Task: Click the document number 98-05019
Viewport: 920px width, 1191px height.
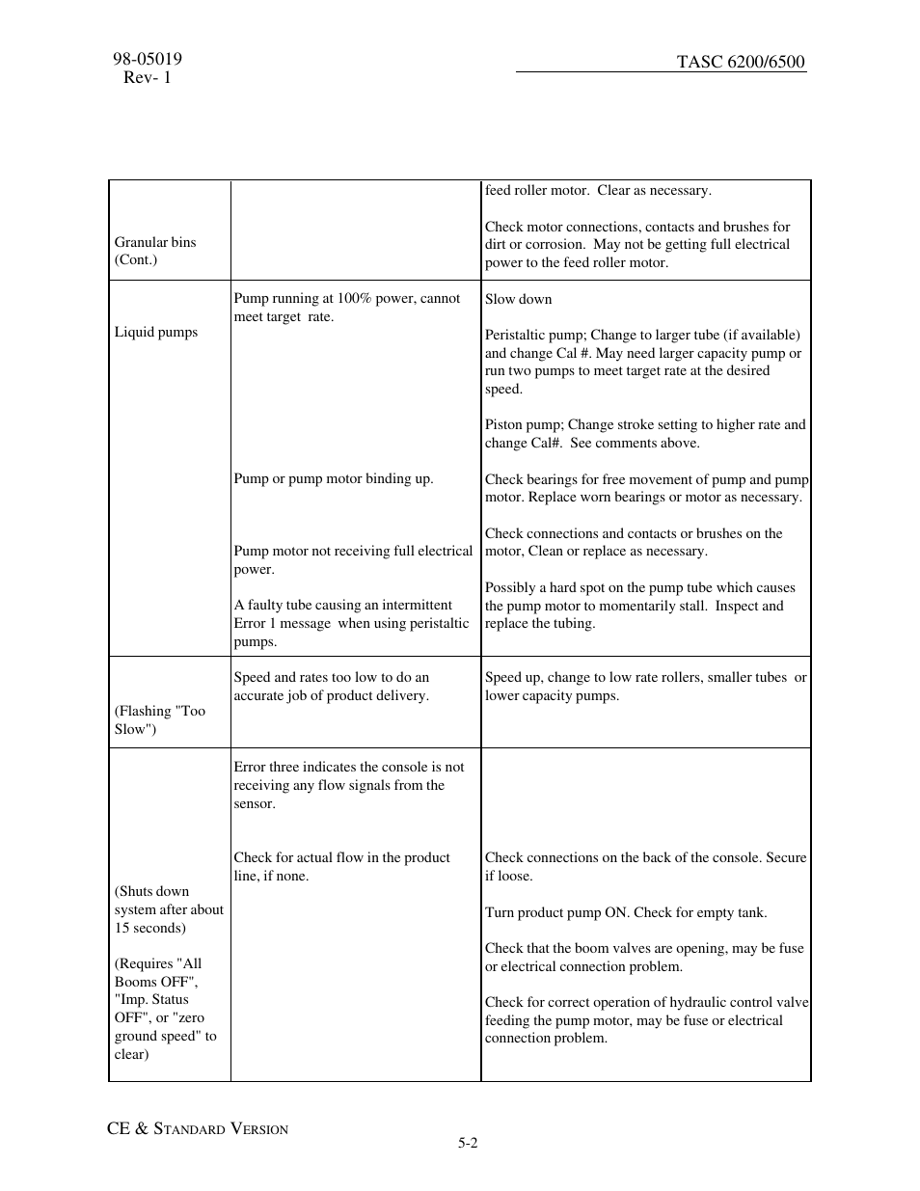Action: point(148,59)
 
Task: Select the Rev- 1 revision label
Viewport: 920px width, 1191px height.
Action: point(147,77)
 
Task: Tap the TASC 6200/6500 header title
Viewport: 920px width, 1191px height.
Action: point(740,62)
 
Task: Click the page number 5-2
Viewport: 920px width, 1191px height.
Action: point(468,1143)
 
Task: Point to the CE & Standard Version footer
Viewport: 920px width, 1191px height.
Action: point(198,1128)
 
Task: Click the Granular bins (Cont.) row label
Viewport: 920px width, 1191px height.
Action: point(154,251)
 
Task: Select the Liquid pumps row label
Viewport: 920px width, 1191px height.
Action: point(156,332)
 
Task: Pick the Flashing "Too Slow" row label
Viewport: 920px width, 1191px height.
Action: point(160,719)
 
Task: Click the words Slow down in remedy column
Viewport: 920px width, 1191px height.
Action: point(519,299)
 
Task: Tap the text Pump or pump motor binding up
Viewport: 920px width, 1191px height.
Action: point(334,478)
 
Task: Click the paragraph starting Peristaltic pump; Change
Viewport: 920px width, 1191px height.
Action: point(643,362)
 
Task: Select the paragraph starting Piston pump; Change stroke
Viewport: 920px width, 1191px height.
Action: point(644,433)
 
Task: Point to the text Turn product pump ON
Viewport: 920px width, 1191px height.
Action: point(626,912)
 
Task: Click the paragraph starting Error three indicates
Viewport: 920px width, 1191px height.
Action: point(348,785)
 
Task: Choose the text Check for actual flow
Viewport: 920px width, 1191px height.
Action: point(341,866)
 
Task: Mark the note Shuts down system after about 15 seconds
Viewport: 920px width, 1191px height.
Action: point(169,909)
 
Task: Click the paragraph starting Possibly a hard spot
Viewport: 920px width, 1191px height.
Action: point(639,605)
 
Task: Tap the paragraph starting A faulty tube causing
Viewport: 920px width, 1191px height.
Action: point(351,623)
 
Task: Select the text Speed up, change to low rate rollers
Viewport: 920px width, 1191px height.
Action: point(645,686)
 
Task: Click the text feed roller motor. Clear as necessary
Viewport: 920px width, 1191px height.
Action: point(598,190)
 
